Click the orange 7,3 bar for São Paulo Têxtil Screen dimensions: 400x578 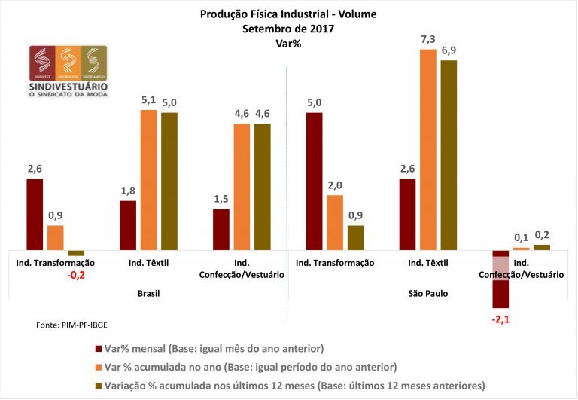(x=427, y=149)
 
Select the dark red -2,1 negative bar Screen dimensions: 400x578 (x=502, y=279)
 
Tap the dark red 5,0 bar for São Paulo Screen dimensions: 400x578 (x=315, y=181)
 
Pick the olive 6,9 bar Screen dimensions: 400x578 (x=448, y=154)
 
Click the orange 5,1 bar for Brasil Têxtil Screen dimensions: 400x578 (x=148, y=179)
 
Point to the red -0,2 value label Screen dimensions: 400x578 (x=77, y=276)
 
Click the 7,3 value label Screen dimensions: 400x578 (x=427, y=39)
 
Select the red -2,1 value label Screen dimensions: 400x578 (x=502, y=319)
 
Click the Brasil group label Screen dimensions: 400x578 (x=148, y=293)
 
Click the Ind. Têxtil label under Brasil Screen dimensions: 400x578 (x=148, y=262)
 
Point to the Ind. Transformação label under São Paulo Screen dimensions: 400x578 (x=335, y=262)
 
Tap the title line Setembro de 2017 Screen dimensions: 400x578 (x=288, y=29)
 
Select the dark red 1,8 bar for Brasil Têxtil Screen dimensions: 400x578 (x=128, y=224)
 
